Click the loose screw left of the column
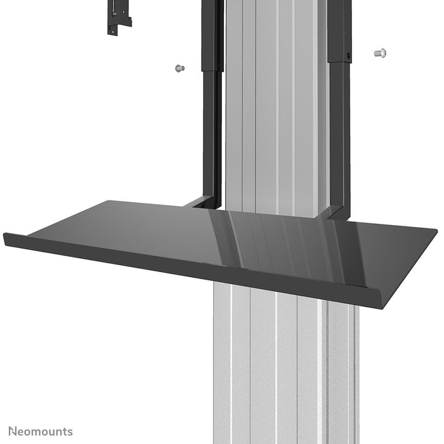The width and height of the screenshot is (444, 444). coord(179,67)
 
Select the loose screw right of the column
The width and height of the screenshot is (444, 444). coord(381,53)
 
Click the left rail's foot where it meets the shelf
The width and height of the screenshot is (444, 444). coord(204,202)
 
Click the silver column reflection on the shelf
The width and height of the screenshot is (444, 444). coord(285,241)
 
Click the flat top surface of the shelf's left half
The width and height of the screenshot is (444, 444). coord(127,228)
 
